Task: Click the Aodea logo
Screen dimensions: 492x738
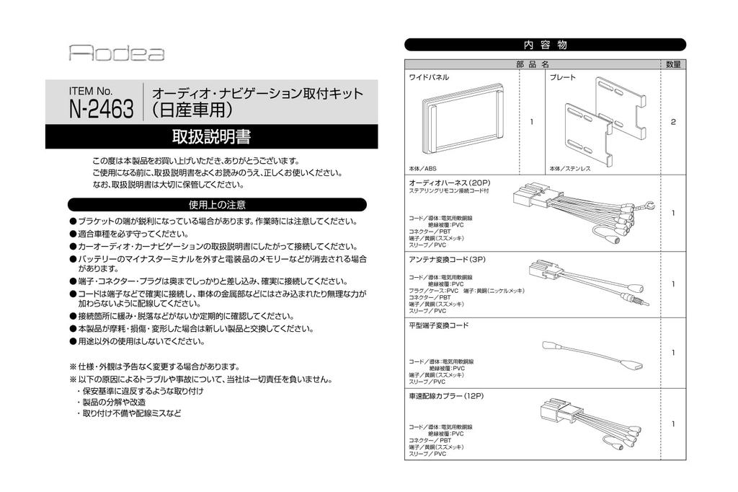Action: point(117,53)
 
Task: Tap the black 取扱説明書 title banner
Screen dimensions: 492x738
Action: point(211,136)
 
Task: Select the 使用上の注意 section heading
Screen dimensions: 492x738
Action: point(217,204)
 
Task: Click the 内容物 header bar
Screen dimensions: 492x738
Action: point(544,45)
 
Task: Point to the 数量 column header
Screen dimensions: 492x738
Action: point(673,64)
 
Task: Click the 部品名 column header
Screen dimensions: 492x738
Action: point(533,64)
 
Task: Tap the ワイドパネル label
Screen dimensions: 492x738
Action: point(430,77)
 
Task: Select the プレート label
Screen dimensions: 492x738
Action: point(563,77)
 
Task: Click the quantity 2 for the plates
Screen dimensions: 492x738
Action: point(673,122)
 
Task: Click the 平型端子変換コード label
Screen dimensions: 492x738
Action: point(439,326)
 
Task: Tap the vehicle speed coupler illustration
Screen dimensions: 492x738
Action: point(587,425)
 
